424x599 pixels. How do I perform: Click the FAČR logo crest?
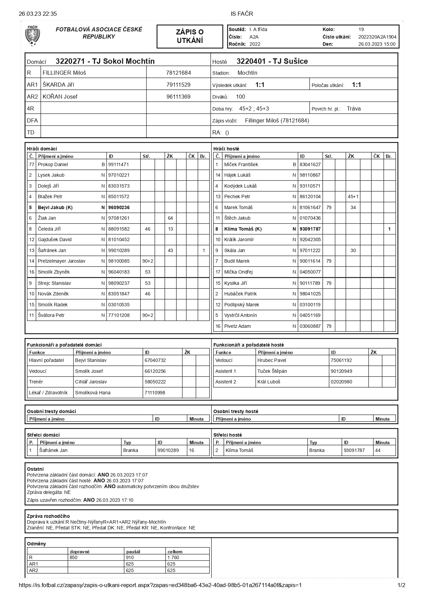32,35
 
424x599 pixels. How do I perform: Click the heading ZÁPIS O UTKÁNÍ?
190,36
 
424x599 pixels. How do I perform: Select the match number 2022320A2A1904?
377,37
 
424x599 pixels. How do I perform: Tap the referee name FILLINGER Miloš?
64,73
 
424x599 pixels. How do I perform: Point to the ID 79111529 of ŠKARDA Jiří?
178,85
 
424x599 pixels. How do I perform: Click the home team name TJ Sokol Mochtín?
105,61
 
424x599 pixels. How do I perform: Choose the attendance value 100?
240,97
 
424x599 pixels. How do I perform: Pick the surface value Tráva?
354,109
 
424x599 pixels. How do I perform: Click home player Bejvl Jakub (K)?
55,207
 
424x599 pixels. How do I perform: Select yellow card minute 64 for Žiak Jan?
170,218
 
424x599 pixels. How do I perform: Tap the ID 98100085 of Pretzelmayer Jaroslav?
119,261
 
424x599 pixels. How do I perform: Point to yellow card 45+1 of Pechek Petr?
353,196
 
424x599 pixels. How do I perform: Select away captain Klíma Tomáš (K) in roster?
243,229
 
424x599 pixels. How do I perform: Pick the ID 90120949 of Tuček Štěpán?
341,371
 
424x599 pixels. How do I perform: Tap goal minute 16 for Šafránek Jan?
192,450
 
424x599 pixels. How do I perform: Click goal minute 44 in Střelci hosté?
378,450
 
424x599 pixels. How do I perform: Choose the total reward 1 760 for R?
173,557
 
